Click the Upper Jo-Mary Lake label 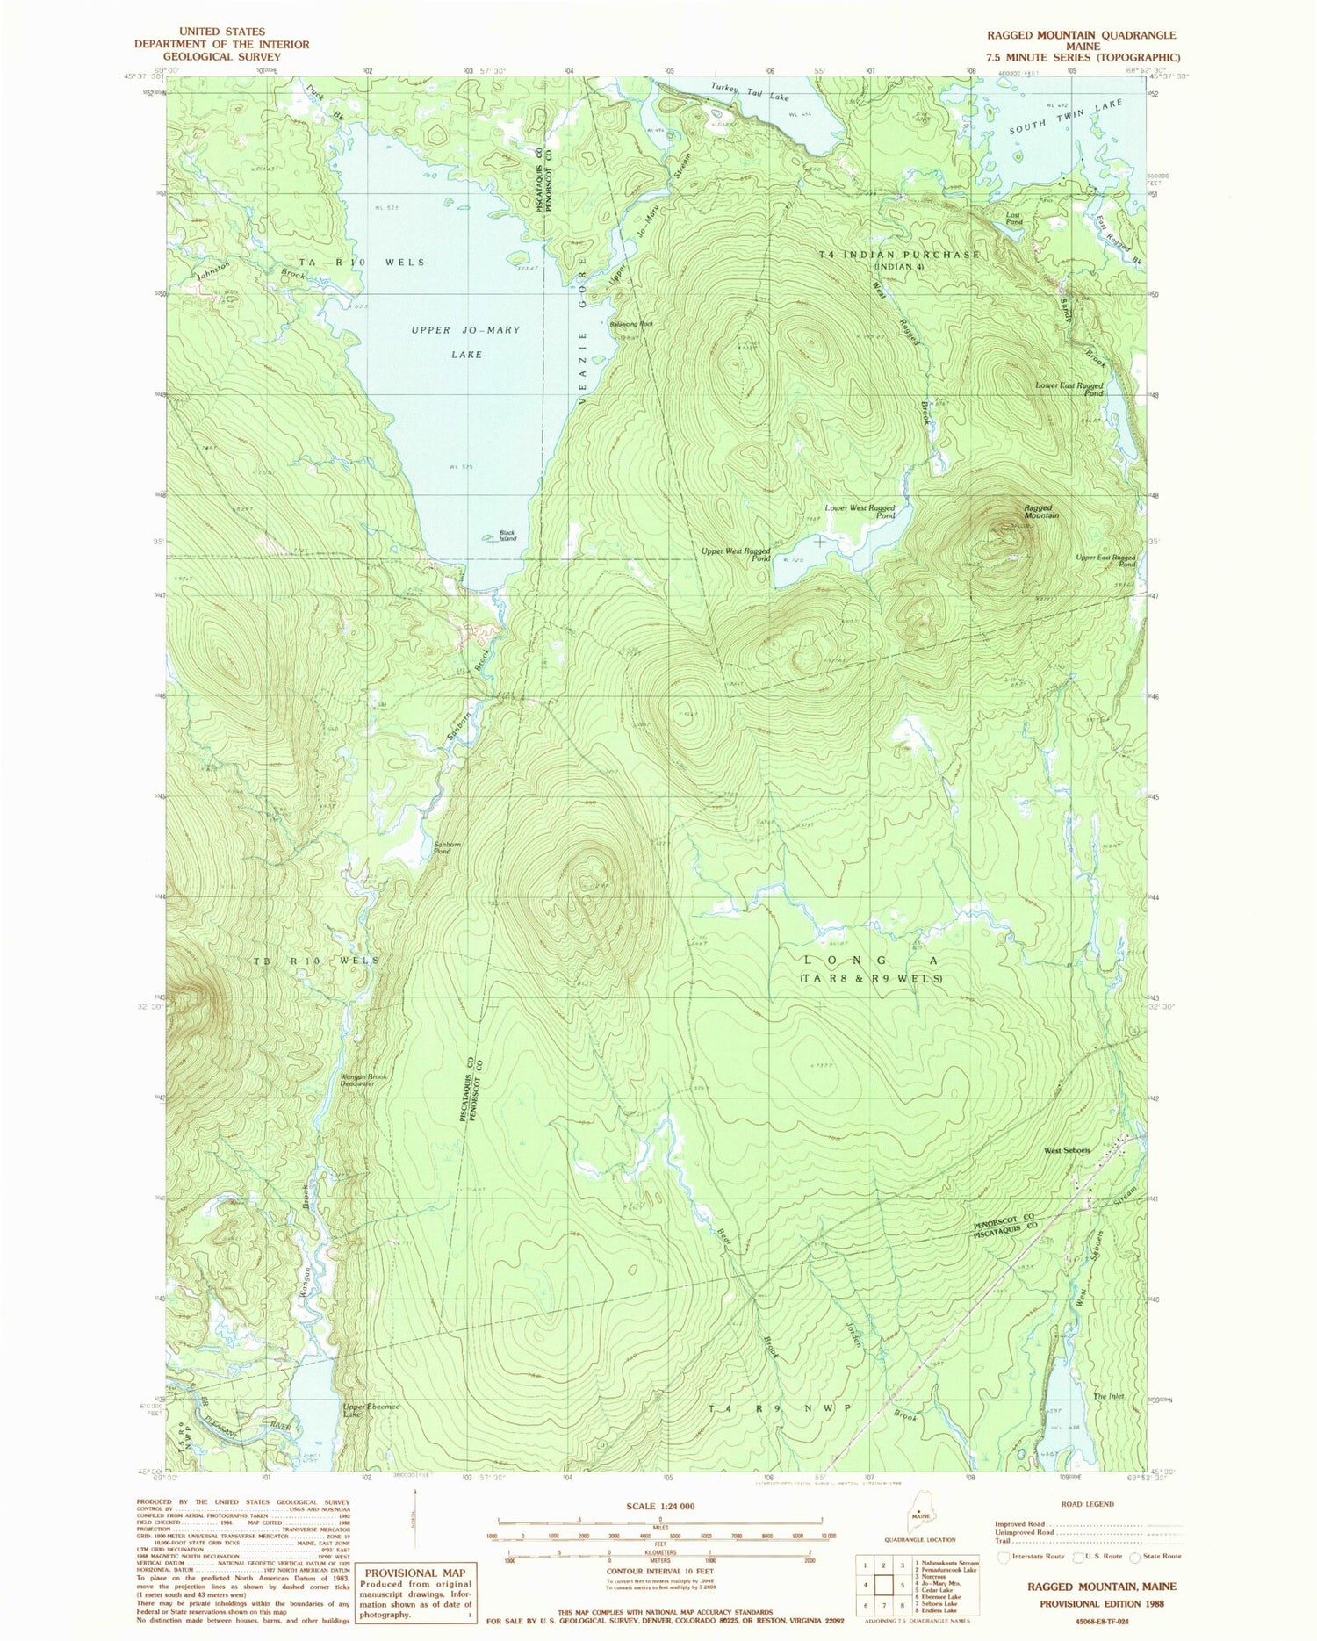point(466,342)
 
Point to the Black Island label point(507,536)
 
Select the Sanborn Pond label point(443,848)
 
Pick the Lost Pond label point(1014,219)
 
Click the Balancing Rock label point(632,324)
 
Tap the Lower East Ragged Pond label point(1069,389)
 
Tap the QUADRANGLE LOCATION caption point(920,1539)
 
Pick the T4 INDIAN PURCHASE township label point(899,255)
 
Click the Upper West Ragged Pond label point(736,554)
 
